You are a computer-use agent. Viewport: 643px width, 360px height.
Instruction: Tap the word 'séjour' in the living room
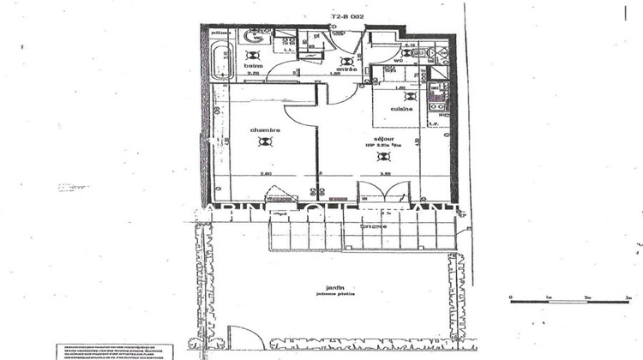[382, 138]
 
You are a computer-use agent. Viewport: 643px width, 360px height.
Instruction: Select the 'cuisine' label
[401, 109]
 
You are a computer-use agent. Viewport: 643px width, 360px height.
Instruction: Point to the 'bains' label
[252, 65]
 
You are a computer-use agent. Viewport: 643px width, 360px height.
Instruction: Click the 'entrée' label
[346, 69]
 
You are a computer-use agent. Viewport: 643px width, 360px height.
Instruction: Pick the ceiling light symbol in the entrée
[346, 61]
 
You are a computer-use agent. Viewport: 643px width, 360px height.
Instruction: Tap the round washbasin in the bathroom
[255, 37]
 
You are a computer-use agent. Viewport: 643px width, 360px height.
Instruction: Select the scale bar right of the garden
[569, 298]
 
